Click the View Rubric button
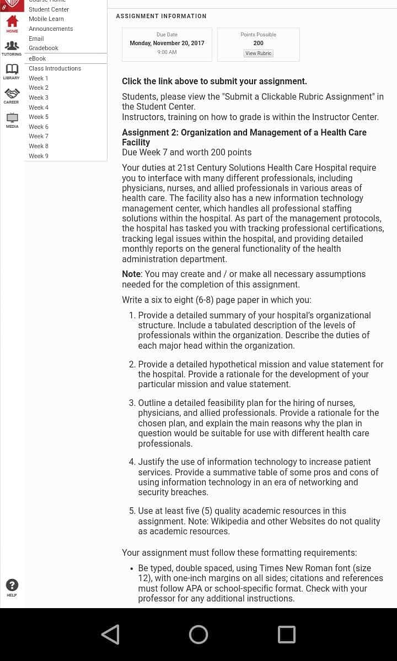[258, 53]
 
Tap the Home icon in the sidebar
[12, 21]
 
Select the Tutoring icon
[12, 46]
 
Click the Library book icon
[12, 69]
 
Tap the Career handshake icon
[12, 94]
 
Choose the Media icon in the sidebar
[12, 117]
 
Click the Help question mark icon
[12, 585]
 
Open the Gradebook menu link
[44, 48]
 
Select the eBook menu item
[37, 58]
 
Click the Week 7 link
[39, 137]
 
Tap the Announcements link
[51, 29]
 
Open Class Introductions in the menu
[55, 68]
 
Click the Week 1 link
[39, 78]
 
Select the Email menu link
[36, 39]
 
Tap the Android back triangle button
[110, 635]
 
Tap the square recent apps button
[287, 635]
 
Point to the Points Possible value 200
[258, 43]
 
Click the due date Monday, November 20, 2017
[167, 43]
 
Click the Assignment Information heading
[161, 17]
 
